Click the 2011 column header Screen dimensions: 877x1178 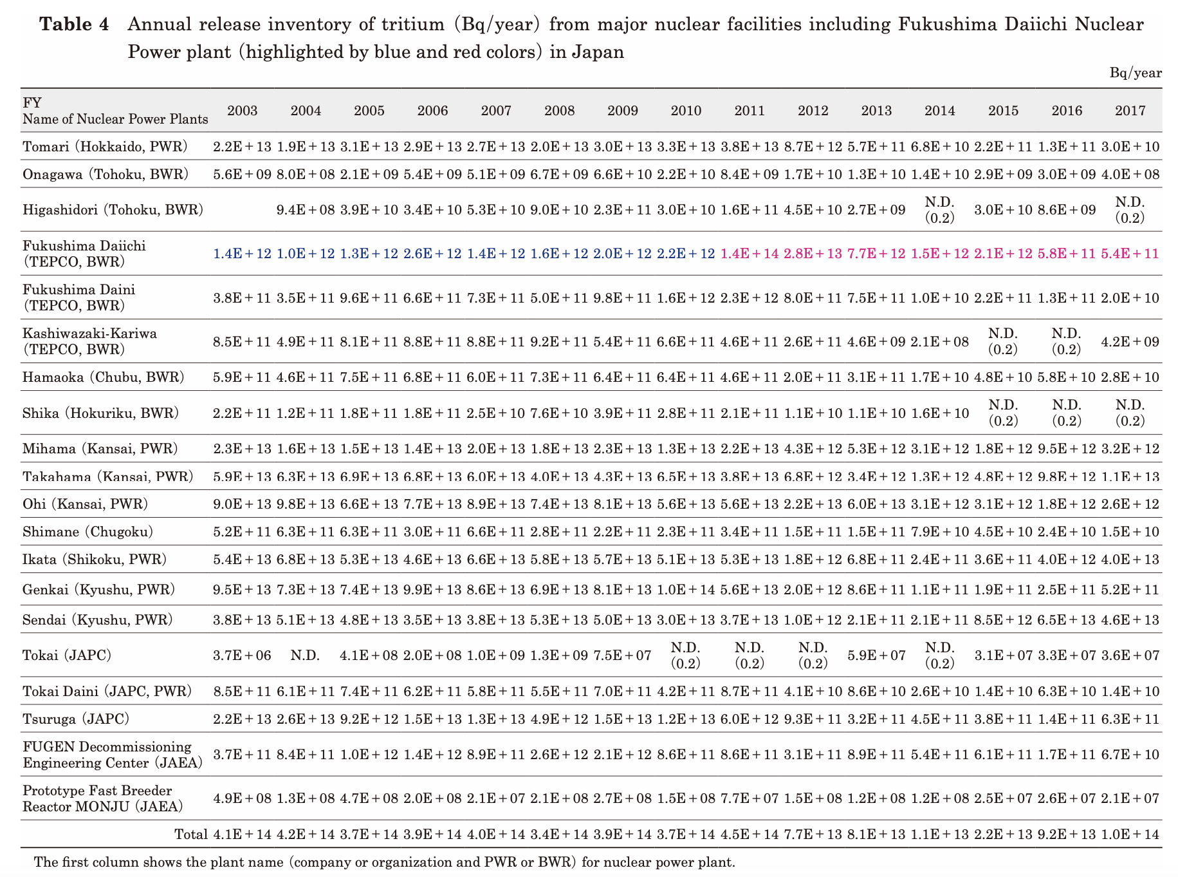750,111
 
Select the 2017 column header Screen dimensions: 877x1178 1130,111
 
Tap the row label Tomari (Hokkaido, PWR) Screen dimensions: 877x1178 105,147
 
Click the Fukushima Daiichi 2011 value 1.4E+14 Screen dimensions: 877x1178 750,254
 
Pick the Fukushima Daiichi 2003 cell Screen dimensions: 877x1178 242,254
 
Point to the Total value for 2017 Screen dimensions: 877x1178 1130,835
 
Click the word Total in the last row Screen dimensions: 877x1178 190,835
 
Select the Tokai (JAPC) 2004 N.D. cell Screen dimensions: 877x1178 306,655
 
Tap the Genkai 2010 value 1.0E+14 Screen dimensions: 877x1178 686,589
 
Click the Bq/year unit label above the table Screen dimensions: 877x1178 1136,73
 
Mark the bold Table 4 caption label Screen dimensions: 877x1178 75,24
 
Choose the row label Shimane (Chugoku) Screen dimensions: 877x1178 87,532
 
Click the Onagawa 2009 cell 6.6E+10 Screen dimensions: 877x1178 623,174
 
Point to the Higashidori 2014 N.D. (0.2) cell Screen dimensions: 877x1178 939,210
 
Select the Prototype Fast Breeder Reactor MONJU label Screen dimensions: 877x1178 102,798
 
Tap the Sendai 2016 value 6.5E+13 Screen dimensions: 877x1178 1067,620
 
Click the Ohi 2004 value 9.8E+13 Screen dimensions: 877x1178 306,504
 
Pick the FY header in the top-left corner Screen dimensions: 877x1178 32,103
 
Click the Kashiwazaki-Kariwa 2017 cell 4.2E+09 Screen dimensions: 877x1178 1130,342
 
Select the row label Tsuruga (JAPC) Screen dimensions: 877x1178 76,719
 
